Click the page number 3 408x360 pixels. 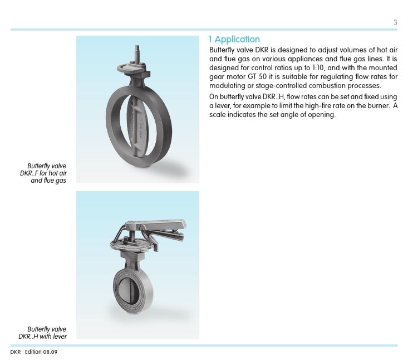(x=395, y=23)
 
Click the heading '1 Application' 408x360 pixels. (x=234, y=39)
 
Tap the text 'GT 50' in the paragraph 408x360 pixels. (x=263, y=76)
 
